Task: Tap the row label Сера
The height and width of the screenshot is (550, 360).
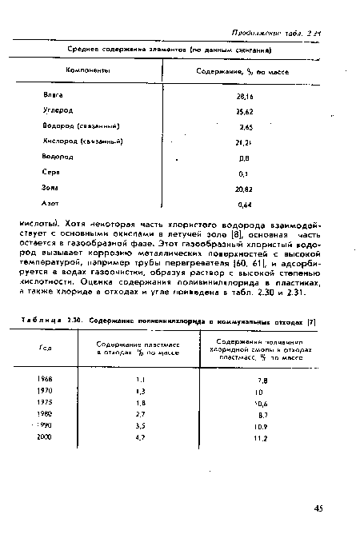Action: (x=50, y=172)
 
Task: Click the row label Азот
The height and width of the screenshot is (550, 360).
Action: (x=51, y=203)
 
